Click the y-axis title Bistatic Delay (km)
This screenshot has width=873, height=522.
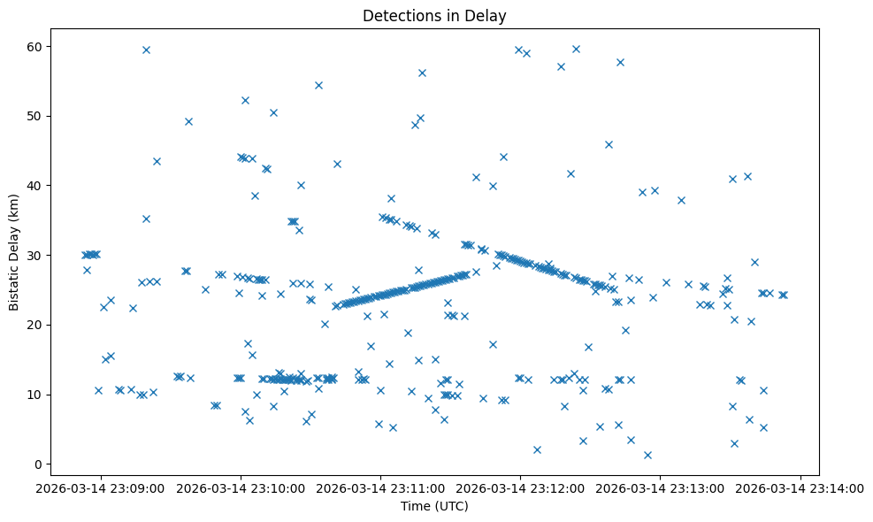pos(14,251)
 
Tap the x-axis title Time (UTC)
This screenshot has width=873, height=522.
pos(434,506)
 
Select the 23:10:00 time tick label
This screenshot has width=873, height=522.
pos(241,487)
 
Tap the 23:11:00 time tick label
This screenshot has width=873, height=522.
pos(380,487)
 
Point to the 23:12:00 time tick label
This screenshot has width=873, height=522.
pos(520,487)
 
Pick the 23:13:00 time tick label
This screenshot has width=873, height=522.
pos(660,487)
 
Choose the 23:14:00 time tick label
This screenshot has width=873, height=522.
pos(800,487)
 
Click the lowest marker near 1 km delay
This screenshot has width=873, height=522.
pos(647,455)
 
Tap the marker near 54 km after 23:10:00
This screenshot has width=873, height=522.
pos(318,85)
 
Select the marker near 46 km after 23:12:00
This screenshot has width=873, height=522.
pos(609,144)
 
